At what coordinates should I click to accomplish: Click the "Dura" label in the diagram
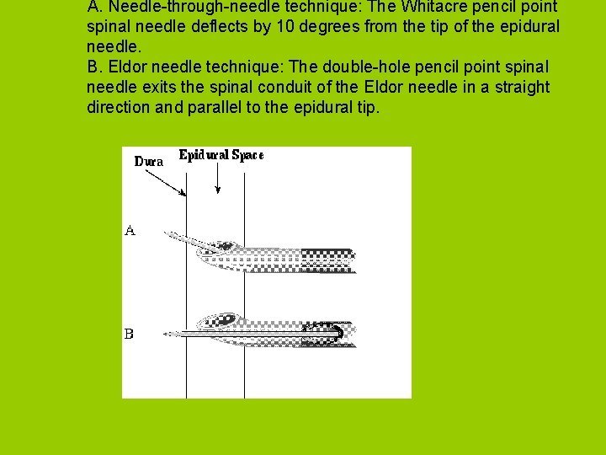tap(149, 161)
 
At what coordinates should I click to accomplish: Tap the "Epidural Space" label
tap(221, 155)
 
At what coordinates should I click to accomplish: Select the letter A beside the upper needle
tap(130, 228)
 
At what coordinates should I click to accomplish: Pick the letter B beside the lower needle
tap(129, 334)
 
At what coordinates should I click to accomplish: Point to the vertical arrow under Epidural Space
tap(218, 179)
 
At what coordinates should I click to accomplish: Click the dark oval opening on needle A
tap(225, 246)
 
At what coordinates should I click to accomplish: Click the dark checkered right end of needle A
tap(328, 260)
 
